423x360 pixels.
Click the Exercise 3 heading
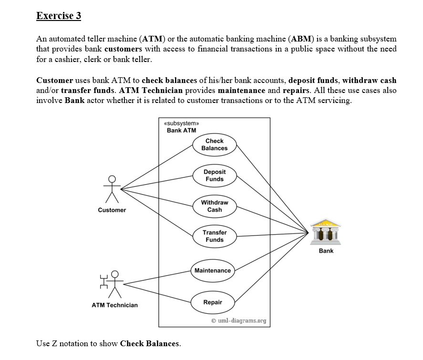[59, 16]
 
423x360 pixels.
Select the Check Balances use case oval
[214, 144]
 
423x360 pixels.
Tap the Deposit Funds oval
[214, 175]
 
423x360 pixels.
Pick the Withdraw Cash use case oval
[214, 206]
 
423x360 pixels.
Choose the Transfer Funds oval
[214, 236]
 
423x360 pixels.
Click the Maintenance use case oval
[213, 270]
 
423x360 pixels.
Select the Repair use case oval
[213, 302]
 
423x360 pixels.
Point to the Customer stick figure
[112, 189]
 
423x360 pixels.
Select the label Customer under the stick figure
[112, 210]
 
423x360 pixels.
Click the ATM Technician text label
[114, 305]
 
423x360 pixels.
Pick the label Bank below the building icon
[326, 251]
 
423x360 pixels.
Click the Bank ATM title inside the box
[181, 131]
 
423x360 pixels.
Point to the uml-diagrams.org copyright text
[238, 320]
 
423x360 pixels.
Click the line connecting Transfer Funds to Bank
[272, 234]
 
